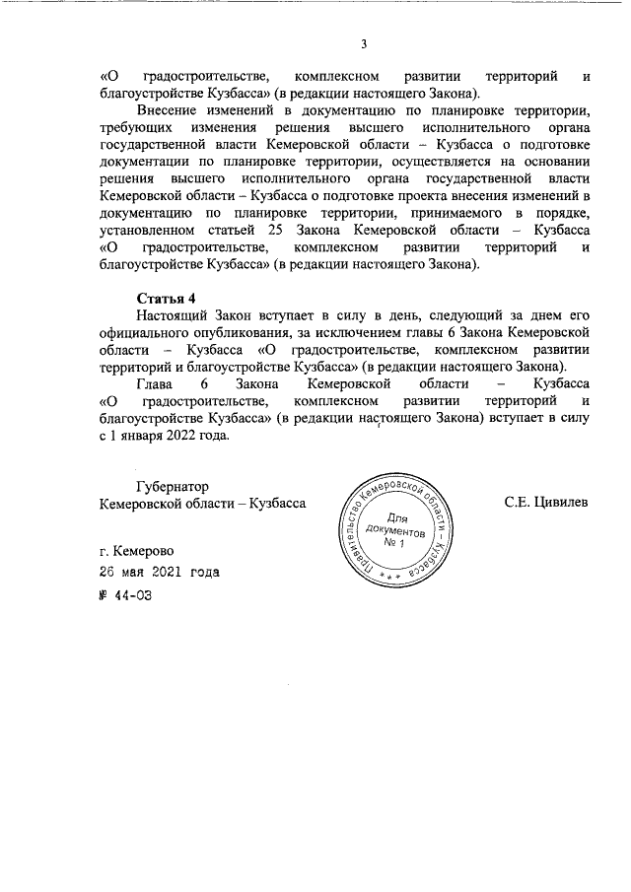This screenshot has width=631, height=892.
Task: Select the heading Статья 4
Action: pyautogui.click(x=167, y=297)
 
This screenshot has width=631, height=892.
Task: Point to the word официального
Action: pyautogui.click(x=148, y=331)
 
